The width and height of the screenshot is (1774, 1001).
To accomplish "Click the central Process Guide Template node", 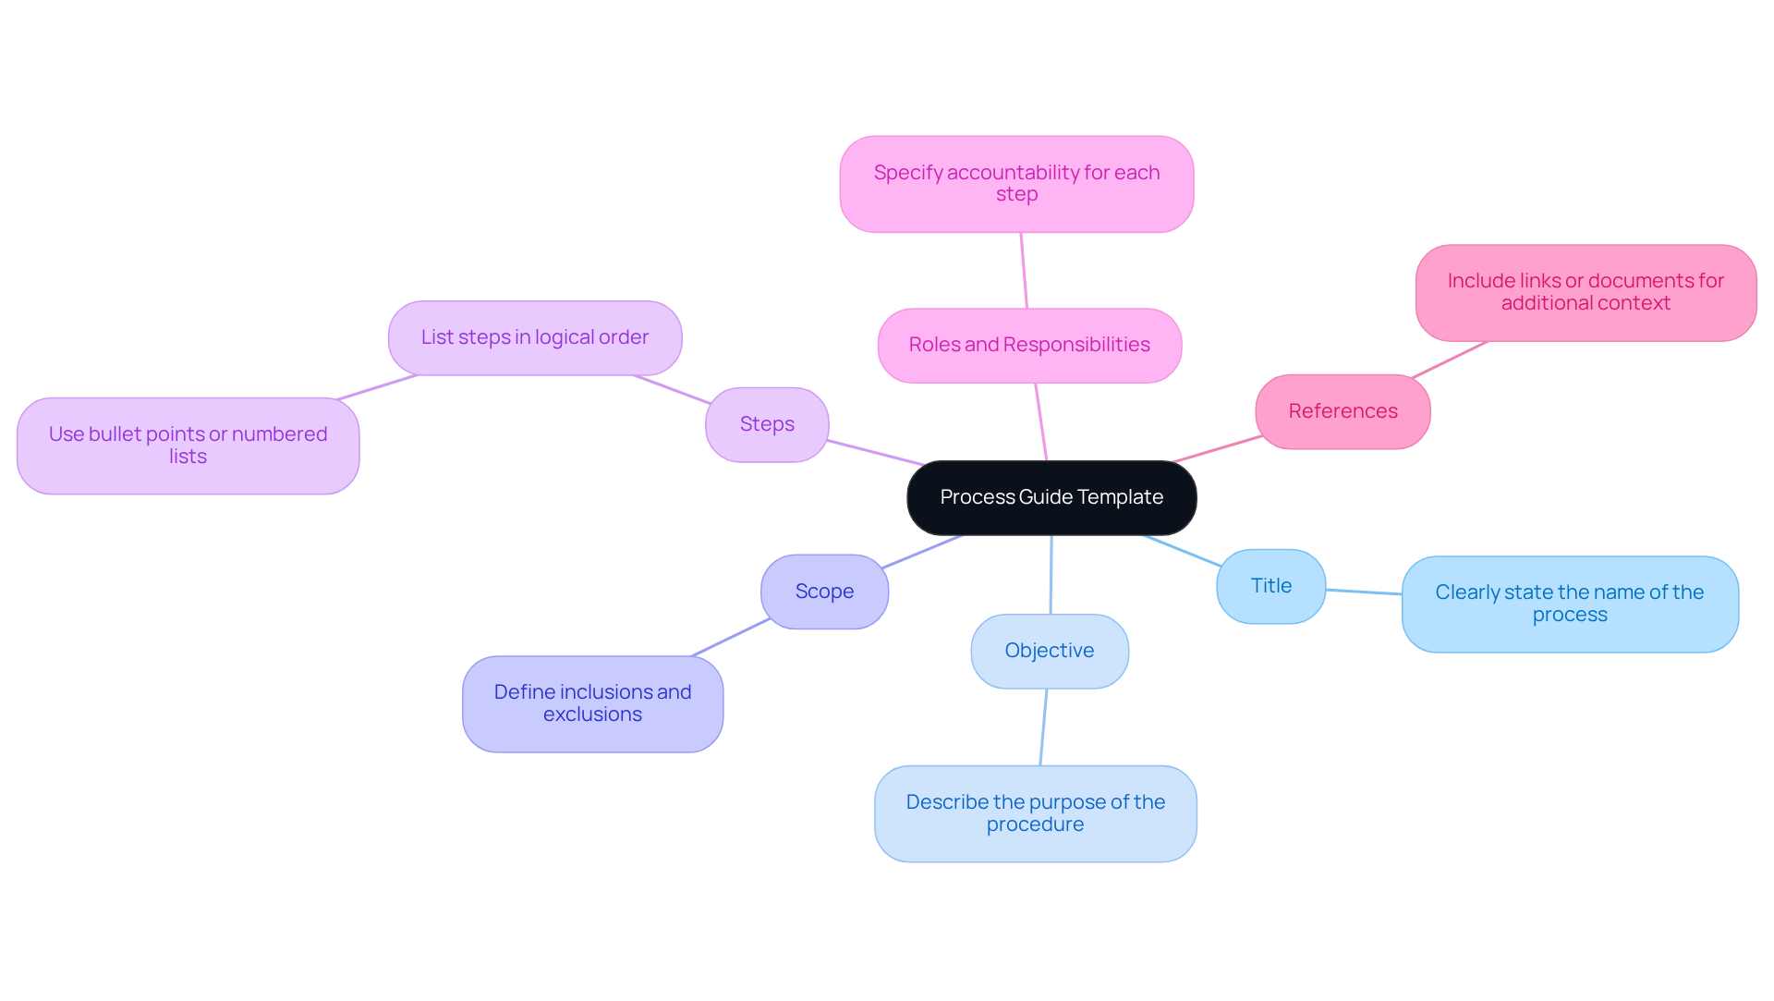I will click(1051, 498).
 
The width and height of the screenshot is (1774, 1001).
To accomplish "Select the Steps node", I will click(766, 424).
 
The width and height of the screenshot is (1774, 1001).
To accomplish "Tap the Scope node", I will click(823, 592).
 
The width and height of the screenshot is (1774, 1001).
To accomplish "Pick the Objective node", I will click(1049, 651).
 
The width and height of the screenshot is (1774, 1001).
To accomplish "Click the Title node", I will click(1270, 586).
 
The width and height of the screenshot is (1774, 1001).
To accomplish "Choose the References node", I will click(1342, 411).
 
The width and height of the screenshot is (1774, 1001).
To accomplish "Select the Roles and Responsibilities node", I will click(1028, 345).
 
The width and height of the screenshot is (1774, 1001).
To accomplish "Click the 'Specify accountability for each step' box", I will click(1015, 184).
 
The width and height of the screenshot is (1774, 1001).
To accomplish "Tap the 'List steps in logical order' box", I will click(534, 337).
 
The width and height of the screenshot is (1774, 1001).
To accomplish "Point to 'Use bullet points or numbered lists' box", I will click(188, 446).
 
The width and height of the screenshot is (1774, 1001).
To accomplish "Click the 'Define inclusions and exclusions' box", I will click(592, 703).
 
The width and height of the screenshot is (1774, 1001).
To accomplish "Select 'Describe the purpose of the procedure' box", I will click(1035, 813).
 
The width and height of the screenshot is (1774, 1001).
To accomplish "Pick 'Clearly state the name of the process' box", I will click(1569, 604).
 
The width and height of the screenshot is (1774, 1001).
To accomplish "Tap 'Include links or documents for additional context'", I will click(1585, 292).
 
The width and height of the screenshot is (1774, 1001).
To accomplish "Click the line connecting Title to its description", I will click(1364, 592).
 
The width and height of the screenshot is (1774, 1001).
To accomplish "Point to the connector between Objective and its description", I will click(1044, 727).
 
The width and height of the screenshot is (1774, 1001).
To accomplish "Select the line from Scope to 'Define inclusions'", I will click(730, 638).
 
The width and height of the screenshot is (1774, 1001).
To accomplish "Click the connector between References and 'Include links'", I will click(1450, 360).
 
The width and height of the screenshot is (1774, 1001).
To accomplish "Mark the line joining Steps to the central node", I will click(875, 453).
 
